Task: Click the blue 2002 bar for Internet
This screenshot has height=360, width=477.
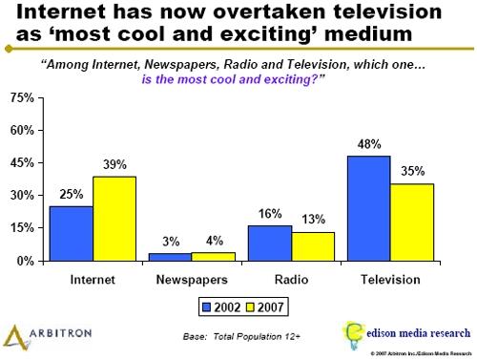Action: [x=72, y=233]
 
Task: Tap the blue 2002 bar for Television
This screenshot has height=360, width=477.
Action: [x=369, y=207]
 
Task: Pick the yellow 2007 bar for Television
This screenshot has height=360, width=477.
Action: [x=412, y=222]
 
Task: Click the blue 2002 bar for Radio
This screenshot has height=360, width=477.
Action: [x=270, y=243]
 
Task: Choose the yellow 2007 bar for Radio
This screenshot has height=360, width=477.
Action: [x=313, y=245]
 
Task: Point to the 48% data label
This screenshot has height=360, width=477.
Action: [x=369, y=144]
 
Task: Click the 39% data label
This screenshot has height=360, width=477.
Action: [x=114, y=164]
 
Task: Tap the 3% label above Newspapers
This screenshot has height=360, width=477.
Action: [x=171, y=243]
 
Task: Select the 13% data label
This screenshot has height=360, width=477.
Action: [x=313, y=220]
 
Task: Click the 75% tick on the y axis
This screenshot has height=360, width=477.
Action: [x=22, y=98]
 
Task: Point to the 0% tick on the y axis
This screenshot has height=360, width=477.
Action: [x=26, y=261]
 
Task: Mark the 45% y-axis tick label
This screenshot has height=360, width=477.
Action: [x=22, y=163]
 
